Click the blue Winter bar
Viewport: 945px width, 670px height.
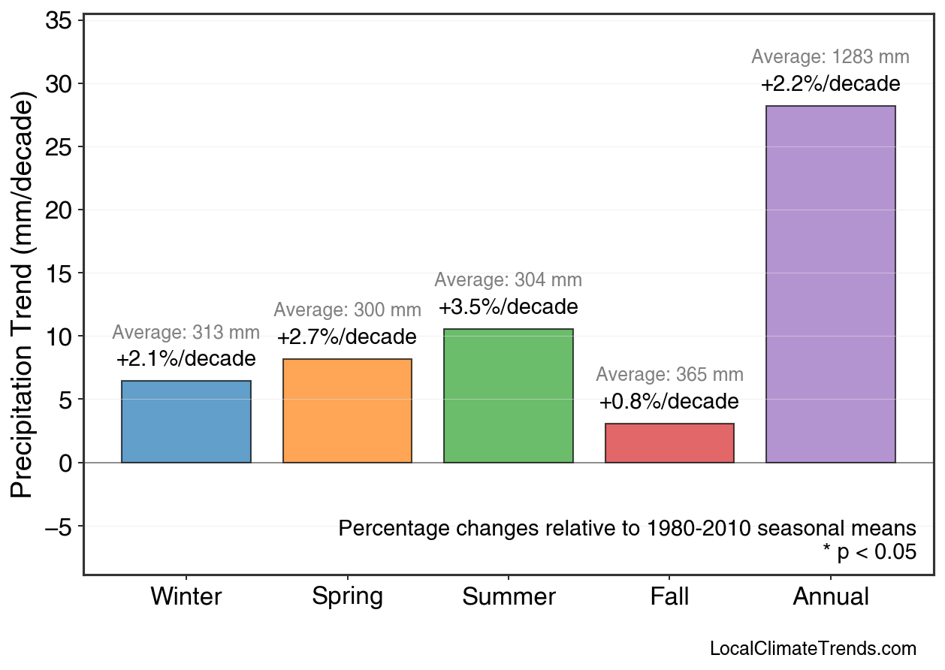186,421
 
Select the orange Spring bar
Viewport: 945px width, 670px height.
347,411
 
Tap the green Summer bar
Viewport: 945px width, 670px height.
509,396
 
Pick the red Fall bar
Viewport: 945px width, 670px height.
669,443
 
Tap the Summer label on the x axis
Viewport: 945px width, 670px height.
509,597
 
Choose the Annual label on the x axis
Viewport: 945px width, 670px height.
830,597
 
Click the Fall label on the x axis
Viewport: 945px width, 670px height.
669,597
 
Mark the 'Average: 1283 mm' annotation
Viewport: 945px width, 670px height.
830,57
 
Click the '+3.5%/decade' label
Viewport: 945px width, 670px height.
509,307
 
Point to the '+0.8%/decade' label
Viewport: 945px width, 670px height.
669,402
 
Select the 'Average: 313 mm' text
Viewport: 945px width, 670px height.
186,333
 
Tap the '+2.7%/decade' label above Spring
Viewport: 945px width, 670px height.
347,337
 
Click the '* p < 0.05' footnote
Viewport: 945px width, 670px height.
869,552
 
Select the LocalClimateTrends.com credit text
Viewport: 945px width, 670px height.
813,649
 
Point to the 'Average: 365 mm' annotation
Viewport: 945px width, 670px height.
669,375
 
